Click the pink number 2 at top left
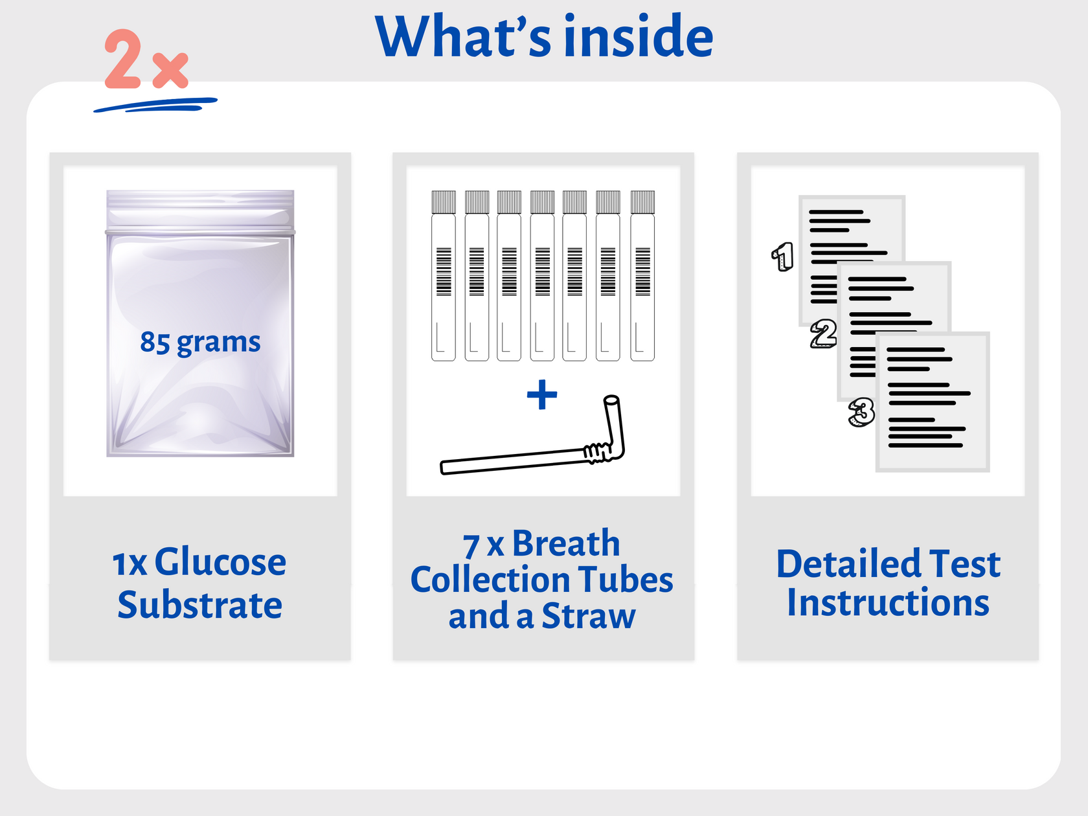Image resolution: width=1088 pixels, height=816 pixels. pyautogui.click(x=123, y=60)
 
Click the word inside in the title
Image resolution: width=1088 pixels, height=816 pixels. pyautogui.click(x=639, y=37)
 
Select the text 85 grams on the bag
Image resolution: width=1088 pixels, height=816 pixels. pyautogui.click(x=200, y=342)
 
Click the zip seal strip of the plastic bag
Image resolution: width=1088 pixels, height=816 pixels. pyautogui.click(x=200, y=231)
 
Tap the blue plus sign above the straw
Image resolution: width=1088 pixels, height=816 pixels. pyautogui.click(x=542, y=395)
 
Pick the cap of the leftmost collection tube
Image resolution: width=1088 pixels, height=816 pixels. pyautogui.click(x=444, y=202)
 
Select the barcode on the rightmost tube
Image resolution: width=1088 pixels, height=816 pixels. pyautogui.click(x=642, y=272)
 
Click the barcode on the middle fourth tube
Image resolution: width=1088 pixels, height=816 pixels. pyautogui.click(x=542, y=272)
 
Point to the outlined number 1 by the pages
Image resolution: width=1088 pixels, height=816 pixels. pyautogui.click(x=783, y=256)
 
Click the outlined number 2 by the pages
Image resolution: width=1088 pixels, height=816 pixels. pyautogui.click(x=824, y=334)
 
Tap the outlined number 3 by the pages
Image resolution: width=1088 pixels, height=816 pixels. pyautogui.click(x=861, y=412)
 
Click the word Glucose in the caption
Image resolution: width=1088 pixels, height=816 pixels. pyautogui.click(x=220, y=562)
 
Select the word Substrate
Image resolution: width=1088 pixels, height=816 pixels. pyautogui.click(x=200, y=606)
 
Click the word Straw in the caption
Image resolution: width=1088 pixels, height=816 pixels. pyautogui.click(x=588, y=617)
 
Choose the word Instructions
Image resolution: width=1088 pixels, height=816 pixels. pyautogui.click(x=888, y=604)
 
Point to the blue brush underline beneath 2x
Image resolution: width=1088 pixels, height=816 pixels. pyautogui.click(x=155, y=104)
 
